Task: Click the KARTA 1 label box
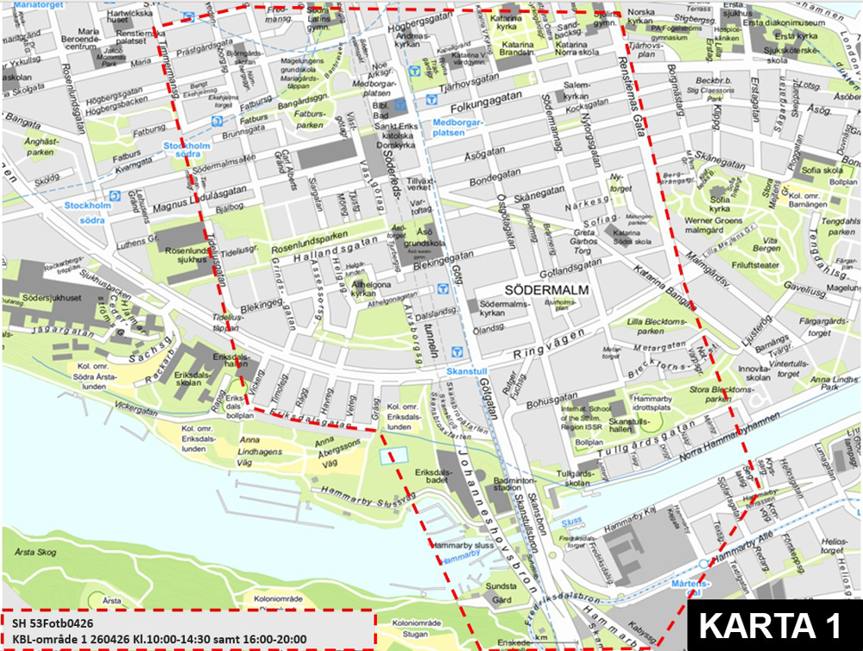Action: [772, 624]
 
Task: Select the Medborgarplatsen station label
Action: [461, 127]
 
